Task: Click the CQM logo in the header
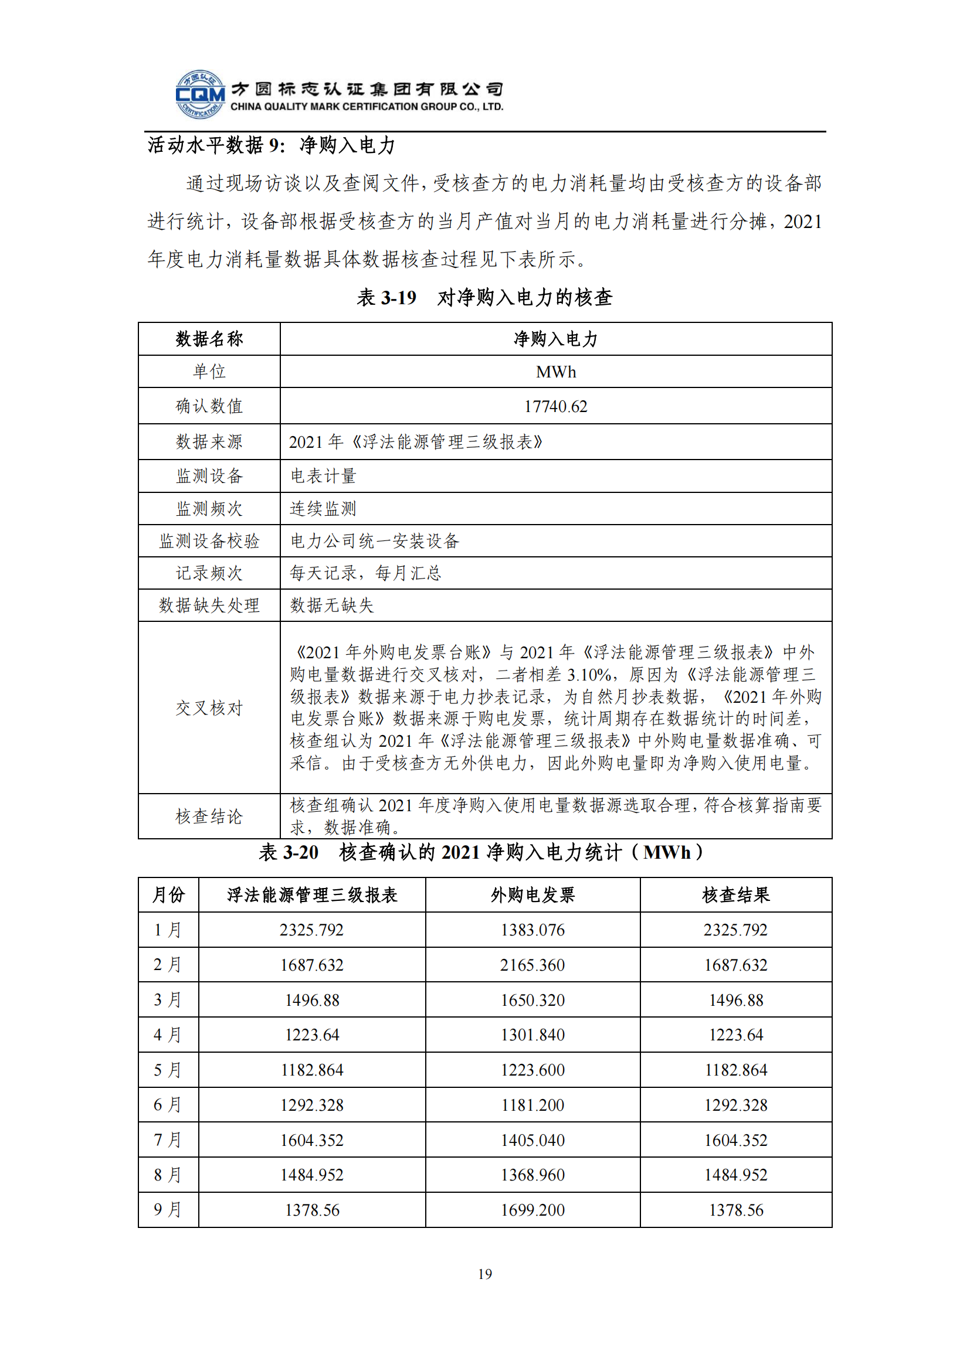tap(200, 94)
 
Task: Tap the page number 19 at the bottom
tap(485, 1274)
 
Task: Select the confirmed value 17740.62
tap(555, 407)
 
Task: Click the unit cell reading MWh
tap(555, 372)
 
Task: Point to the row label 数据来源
tap(209, 442)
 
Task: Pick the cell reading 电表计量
tap(323, 476)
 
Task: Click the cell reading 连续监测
tap(323, 509)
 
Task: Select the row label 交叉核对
tap(209, 708)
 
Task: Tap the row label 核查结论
tap(209, 817)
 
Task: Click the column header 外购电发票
tap(533, 895)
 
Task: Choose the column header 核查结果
tap(736, 895)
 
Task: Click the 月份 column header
tap(168, 895)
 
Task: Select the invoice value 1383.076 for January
tap(533, 930)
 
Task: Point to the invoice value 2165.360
tap(533, 965)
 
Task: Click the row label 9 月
tap(168, 1210)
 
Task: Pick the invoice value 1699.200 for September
tap(533, 1210)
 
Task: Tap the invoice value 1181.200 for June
tap(533, 1105)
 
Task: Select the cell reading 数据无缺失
tap(331, 605)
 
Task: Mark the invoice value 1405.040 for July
tap(533, 1141)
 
